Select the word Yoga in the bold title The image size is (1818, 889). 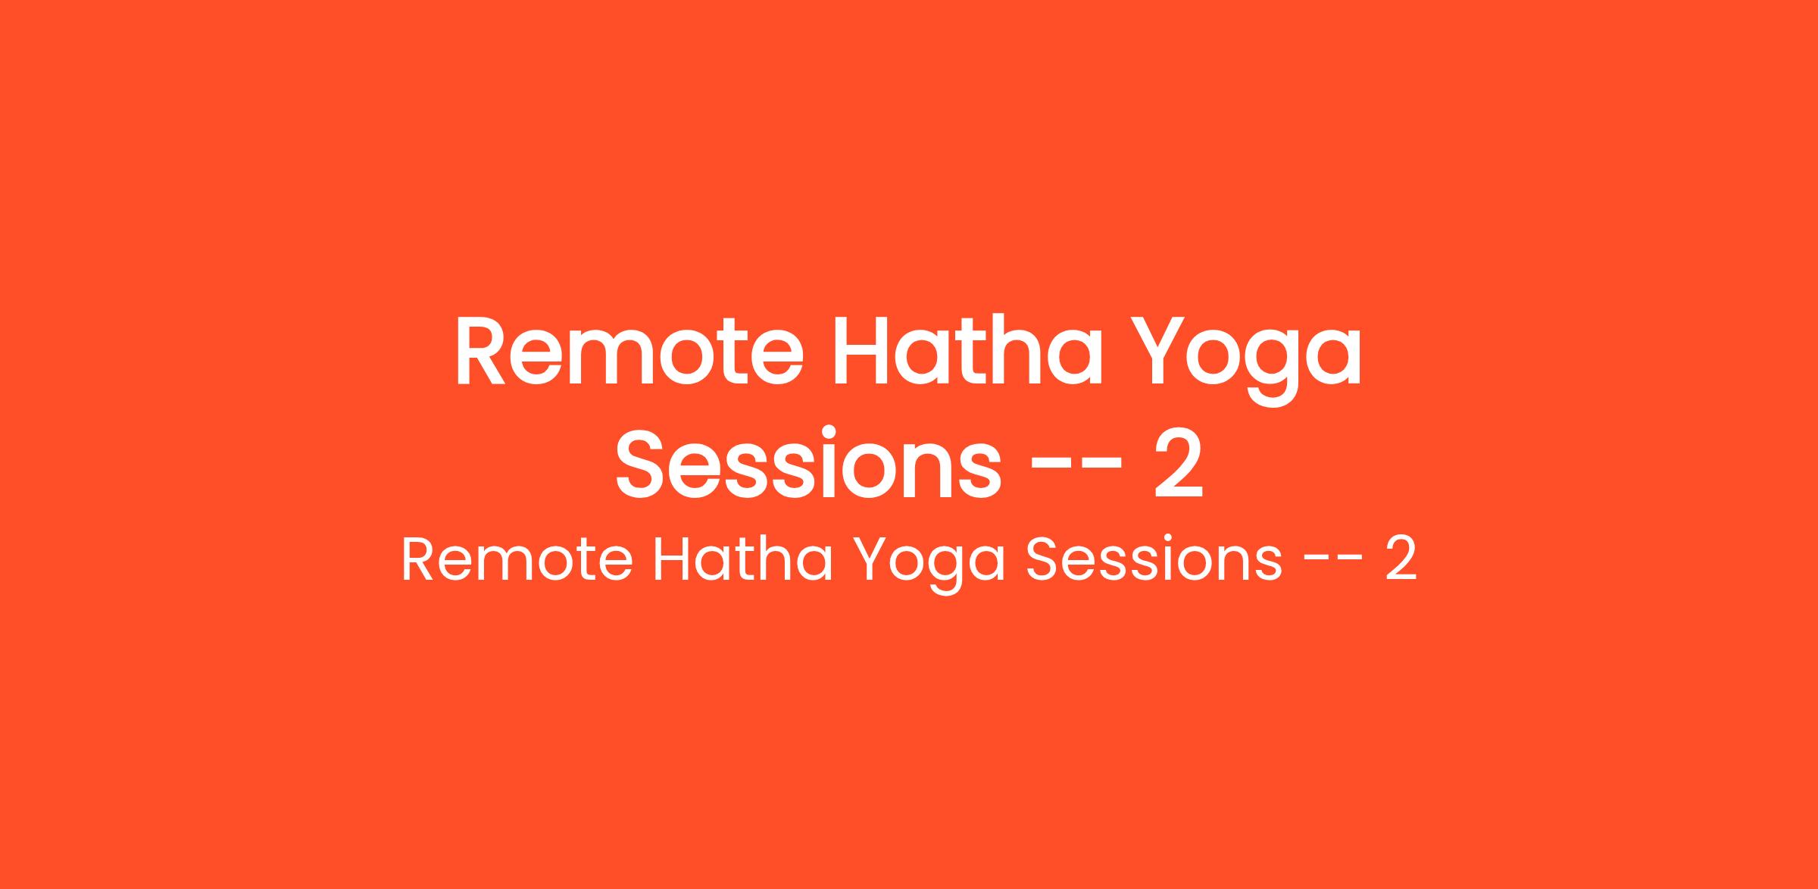point(1251,360)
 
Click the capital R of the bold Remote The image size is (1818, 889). point(480,351)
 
